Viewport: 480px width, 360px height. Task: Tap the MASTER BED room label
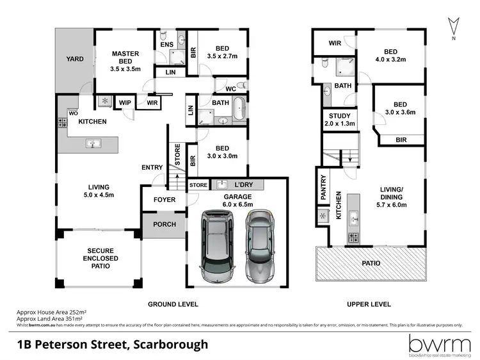125,58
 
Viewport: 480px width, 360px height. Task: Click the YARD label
75,59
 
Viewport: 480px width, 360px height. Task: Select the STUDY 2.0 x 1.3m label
338,120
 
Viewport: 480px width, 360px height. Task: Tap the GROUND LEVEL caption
173,304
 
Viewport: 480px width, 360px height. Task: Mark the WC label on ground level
231,89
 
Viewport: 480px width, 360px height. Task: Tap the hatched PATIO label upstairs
371,263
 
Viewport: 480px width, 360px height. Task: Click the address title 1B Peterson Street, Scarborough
113,345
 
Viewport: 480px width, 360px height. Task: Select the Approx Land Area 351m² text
51,318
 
